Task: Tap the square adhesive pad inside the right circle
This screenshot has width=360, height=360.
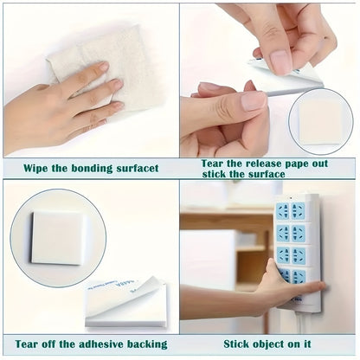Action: pyautogui.click(x=320, y=124)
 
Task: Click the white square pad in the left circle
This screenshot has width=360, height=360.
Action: pyautogui.click(x=57, y=238)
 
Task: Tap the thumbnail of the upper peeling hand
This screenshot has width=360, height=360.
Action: pyautogui.click(x=280, y=61)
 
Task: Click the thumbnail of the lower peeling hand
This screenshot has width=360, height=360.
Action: pyautogui.click(x=254, y=101)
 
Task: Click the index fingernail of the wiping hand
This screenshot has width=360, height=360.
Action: pyautogui.click(x=103, y=67)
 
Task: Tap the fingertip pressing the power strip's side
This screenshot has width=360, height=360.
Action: pyautogui.click(x=319, y=286)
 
